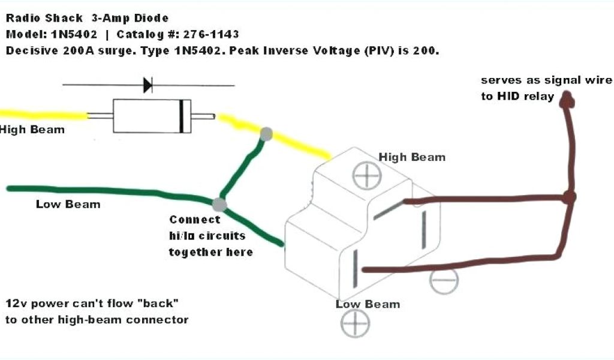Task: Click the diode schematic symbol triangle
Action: point(147,85)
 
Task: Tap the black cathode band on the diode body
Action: point(181,116)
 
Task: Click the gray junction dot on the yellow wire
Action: point(266,134)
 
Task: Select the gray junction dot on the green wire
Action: point(220,204)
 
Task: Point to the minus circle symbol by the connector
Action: point(444,280)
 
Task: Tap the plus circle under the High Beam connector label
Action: point(363,177)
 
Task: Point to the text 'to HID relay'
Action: point(517,96)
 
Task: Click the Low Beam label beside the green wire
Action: point(68,204)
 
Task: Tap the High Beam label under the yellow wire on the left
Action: point(32,130)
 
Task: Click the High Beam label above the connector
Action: point(412,157)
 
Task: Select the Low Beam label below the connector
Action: point(368,304)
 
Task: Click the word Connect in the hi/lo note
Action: point(195,220)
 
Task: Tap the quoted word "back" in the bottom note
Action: point(159,303)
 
